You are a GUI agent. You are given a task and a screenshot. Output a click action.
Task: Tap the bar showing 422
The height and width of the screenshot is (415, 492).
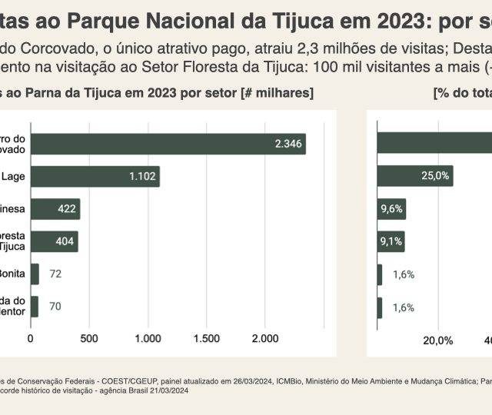coord(55,209)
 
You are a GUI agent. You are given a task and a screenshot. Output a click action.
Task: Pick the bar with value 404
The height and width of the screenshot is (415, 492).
coord(54,241)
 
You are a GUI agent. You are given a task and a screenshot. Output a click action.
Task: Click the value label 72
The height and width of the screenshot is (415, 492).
coord(55,274)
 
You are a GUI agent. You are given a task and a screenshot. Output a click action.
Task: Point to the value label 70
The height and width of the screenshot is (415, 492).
coord(55,307)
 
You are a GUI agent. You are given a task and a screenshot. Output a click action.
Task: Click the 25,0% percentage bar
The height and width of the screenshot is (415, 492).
coord(414,176)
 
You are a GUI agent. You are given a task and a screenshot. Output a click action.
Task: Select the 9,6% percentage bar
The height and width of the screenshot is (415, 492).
coord(391,209)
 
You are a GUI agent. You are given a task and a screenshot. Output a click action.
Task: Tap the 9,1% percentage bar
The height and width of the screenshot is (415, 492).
coord(390,241)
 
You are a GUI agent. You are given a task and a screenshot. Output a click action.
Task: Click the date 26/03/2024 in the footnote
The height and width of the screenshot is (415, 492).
coord(234,380)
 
